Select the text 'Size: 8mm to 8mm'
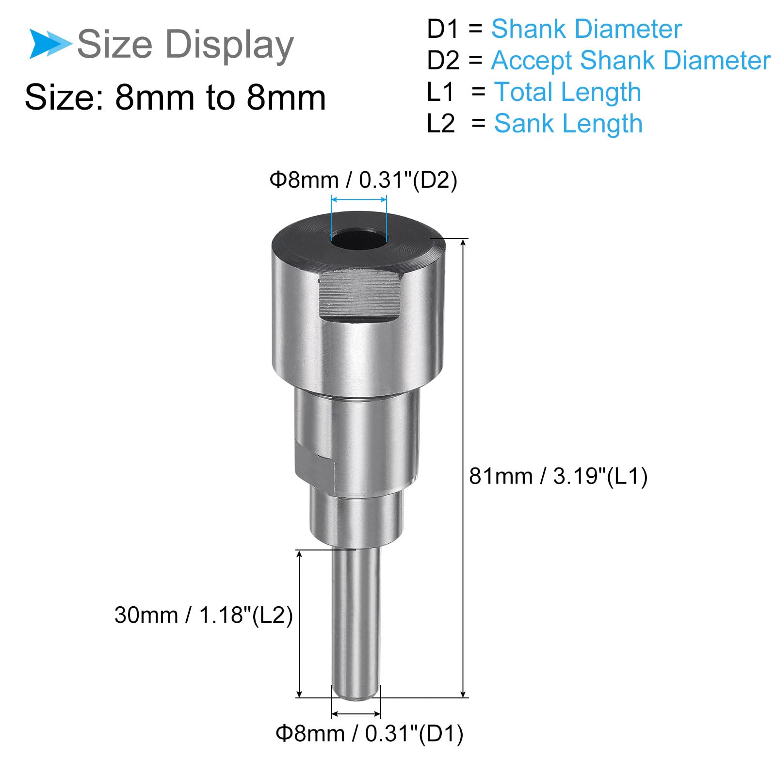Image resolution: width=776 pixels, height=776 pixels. [x=175, y=98]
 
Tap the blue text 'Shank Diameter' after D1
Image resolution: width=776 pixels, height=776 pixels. [x=586, y=29]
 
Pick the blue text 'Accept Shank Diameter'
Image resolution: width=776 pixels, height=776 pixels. [x=630, y=61]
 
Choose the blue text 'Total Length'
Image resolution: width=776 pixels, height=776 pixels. [x=567, y=92]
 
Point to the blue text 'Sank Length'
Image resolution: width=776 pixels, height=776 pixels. [x=568, y=124]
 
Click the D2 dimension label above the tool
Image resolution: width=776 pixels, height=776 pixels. [x=363, y=180]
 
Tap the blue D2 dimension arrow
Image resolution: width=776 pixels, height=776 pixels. [x=359, y=199]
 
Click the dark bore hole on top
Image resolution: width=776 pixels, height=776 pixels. [x=358, y=241]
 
